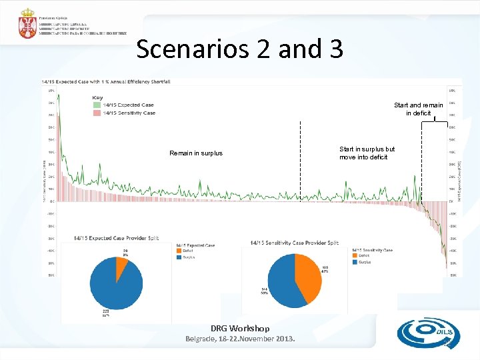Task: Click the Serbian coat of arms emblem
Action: pos(27,24)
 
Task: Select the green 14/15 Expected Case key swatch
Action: pos(97,105)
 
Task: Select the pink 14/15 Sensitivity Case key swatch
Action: pos(97,113)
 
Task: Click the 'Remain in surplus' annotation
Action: pos(196,153)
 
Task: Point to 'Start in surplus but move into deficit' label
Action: pos(367,153)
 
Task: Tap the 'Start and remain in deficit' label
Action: pos(418,109)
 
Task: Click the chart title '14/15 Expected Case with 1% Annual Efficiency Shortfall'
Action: pos(107,81)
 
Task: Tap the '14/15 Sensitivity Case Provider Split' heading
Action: pos(295,243)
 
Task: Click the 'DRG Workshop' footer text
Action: pos(240,328)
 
